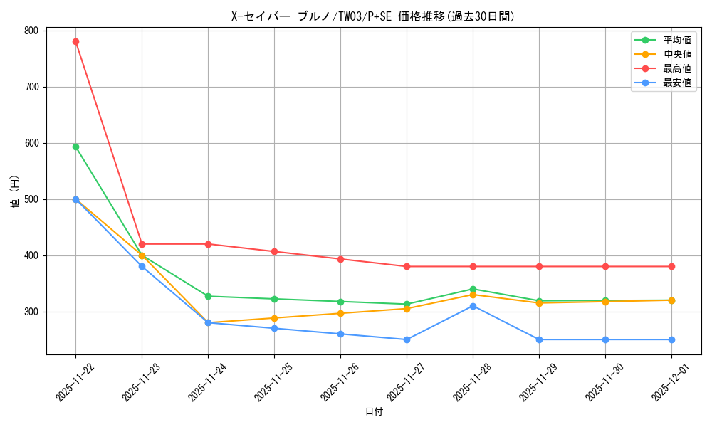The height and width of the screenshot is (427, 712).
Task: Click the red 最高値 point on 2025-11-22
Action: coord(75,41)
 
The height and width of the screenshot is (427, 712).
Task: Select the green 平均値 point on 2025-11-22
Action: coord(75,147)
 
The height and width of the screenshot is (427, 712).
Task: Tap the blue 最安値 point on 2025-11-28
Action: coord(473,306)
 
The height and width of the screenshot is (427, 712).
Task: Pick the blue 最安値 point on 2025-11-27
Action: coord(407,339)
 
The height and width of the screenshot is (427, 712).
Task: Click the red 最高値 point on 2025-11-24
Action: coord(208,244)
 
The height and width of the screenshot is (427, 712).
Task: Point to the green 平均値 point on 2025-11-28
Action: coord(473,289)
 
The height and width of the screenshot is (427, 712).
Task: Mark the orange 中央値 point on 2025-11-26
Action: coord(340,313)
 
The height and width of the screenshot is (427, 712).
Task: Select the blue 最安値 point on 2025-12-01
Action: coord(671,339)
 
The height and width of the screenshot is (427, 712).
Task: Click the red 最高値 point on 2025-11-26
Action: coord(340,259)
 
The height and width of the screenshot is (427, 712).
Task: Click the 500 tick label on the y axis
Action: coord(31,199)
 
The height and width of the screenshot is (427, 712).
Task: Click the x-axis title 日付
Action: coord(374,412)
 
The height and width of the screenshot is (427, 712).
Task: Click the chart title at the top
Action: coord(373,16)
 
